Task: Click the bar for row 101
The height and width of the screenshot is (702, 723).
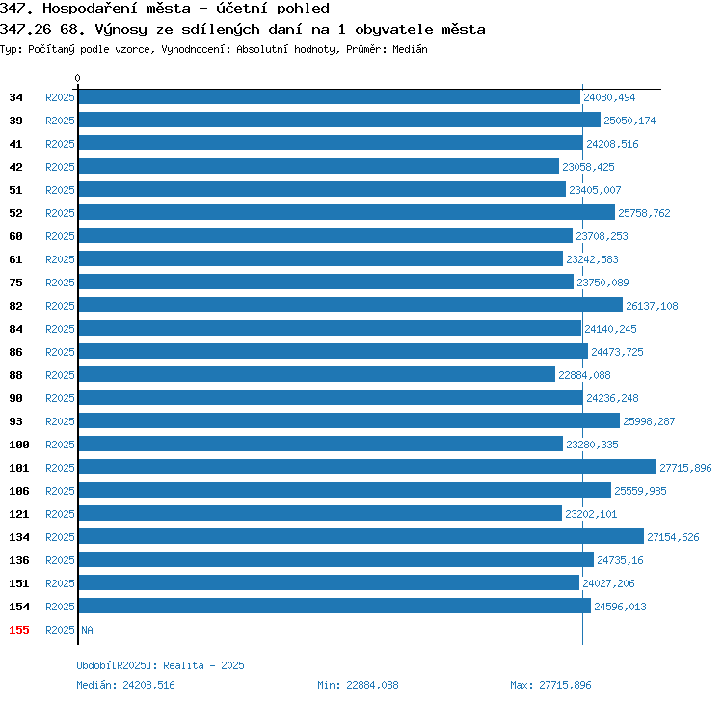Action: [x=367, y=467]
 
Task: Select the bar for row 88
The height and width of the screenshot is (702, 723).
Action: [x=317, y=374]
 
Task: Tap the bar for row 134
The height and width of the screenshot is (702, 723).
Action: [x=361, y=536]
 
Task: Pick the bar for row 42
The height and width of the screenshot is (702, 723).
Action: [x=319, y=166]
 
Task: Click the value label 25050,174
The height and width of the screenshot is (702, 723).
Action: [x=629, y=121]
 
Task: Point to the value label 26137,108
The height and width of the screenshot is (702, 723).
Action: [x=652, y=306]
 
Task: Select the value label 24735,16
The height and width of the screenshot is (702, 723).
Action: [x=620, y=560]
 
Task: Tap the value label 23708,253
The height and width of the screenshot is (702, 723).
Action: [x=602, y=236]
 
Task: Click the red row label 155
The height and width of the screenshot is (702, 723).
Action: [x=19, y=630]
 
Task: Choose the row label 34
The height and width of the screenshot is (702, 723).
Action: [x=15, y=97]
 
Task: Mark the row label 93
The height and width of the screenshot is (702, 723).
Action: [x=15, y=421]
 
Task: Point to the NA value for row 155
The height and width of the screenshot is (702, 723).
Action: [x=87, y=630]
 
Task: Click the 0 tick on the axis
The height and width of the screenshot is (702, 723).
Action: [x=77, y=78]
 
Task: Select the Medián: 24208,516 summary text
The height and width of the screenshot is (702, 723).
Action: [x=125, y=685]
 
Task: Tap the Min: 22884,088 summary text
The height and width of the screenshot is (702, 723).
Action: [x=358, y=685]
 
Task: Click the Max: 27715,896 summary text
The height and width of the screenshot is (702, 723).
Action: [x=550, y=685]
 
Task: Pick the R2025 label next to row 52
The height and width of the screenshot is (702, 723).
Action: [x=60, y=213]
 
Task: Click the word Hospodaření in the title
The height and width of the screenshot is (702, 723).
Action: [x=117, y=9]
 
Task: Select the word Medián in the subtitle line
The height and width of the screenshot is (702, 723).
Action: [x=410, y=49]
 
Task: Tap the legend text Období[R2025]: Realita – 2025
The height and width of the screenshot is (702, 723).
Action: [x=160, y=665]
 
